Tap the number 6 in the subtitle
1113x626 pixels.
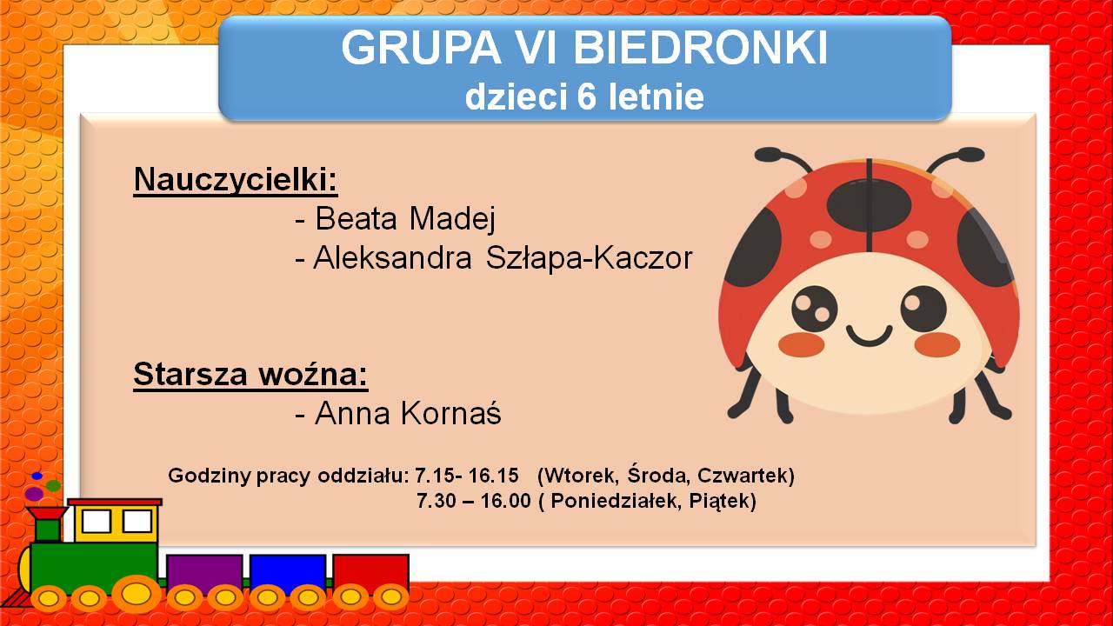[586, 97]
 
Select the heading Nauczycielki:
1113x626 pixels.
[236, 179]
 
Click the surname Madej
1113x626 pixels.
[451, 218]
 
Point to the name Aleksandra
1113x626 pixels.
[392, 258]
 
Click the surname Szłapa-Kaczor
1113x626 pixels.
[589, 259]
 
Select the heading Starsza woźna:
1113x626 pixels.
[250, 374]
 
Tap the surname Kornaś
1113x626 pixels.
[451, 412]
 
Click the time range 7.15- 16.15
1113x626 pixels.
[467, 476]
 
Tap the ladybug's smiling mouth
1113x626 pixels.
[869, 336]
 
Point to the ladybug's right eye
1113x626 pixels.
[923, 309]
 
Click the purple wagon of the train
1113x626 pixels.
[204, 575]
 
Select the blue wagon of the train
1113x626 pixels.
[288, 575]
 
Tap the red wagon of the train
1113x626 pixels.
[370, 575]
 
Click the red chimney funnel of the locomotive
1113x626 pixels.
[47, 514]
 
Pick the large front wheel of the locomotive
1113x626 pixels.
[137, 594]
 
